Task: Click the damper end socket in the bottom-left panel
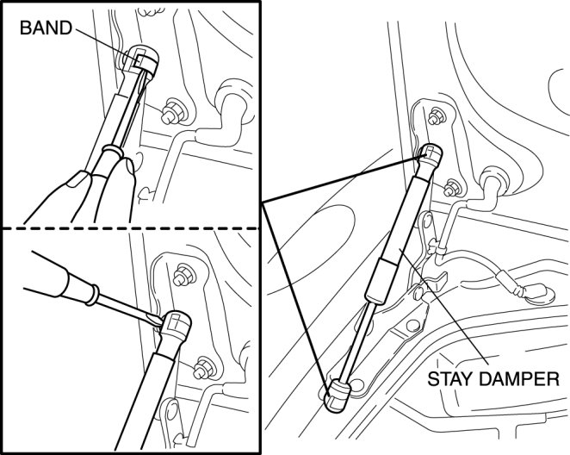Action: (177, 327)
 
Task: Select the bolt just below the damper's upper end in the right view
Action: (455, 184)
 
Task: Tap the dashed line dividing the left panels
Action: (129, 228)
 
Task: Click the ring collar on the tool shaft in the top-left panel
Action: (109, 153)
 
